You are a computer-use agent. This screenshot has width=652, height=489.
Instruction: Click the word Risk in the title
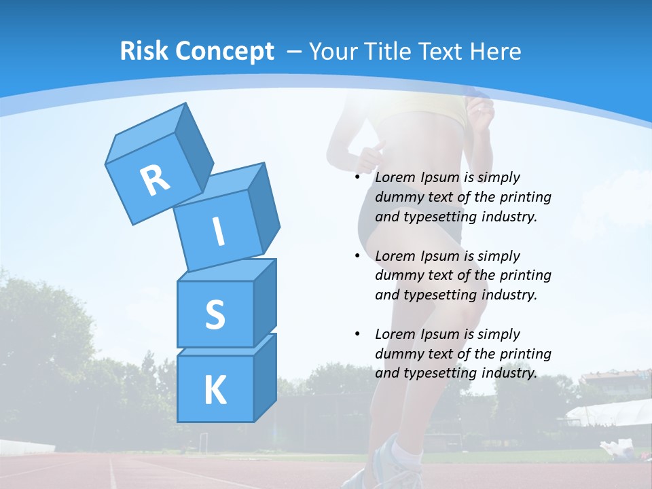pyautogui.click(x=145, y=52)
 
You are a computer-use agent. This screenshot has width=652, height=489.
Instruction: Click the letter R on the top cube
pyautogui.click(x=155, y=181)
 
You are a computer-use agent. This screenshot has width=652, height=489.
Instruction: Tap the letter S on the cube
pyautogui.click(x=215, y=314)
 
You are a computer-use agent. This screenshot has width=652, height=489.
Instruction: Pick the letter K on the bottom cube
pyautogui.click(x=215, y=390)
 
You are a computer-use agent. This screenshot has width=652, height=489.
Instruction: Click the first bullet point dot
pyautogui.click(x=357, y=177)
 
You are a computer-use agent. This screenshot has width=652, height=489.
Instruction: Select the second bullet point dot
pyautogui.click(x=357, y=256)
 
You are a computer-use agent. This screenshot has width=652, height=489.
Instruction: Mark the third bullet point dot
pyautogui.click(x=357, y=334)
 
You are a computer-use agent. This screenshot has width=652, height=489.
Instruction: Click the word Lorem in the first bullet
pyautogui.click(x=393, y=177)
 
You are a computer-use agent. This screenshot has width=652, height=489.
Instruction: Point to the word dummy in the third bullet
pyautogui.click(x=397, y=354)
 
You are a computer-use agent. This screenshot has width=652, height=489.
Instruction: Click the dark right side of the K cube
pyautogui.click(x=264, y=380)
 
